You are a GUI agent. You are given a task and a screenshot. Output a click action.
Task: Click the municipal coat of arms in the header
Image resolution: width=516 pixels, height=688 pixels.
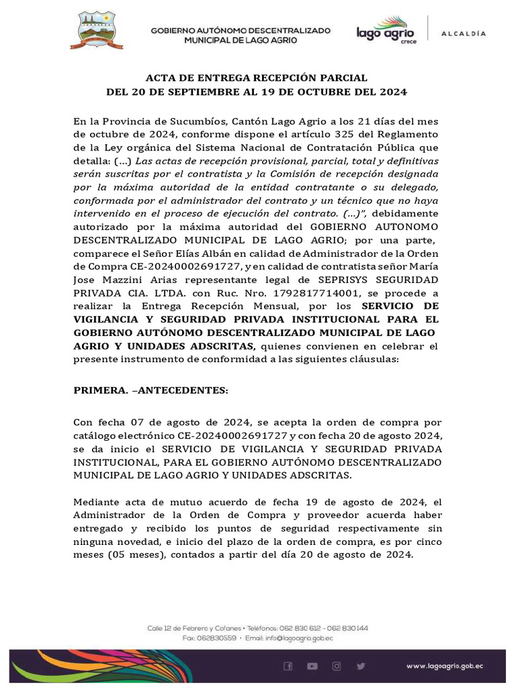97,30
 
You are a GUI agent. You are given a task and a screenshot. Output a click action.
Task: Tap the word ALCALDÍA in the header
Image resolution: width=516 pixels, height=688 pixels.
463,33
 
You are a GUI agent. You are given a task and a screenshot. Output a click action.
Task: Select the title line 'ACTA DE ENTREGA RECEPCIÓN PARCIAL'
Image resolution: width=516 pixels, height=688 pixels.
257,78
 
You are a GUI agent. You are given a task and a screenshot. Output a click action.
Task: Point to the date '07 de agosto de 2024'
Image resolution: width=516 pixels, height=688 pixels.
200,422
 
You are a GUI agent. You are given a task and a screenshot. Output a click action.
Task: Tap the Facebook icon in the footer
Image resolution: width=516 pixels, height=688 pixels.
288,666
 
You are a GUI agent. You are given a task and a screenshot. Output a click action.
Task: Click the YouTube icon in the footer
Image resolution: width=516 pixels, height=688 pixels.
312,666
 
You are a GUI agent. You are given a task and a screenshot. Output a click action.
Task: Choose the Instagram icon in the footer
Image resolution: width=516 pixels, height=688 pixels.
336,666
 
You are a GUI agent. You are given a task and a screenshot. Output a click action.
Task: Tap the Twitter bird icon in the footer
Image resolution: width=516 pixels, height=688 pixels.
361,666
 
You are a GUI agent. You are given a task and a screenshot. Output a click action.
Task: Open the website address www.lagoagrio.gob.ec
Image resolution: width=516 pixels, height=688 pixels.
445,666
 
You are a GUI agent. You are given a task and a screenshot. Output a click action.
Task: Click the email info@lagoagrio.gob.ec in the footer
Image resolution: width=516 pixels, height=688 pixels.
290,638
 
